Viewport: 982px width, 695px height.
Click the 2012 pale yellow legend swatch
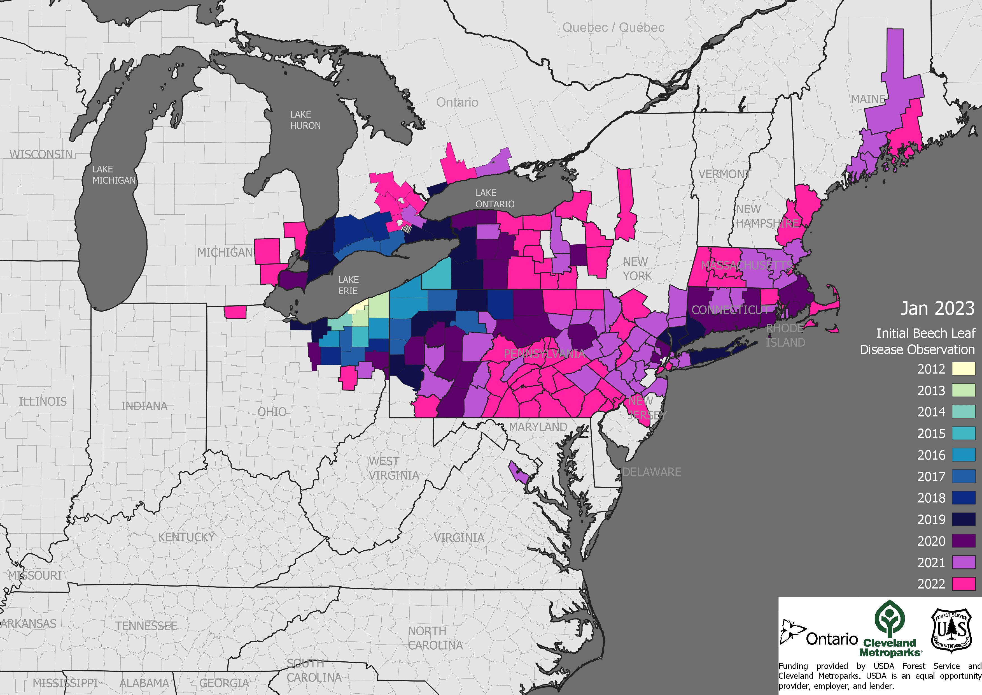point(963,369)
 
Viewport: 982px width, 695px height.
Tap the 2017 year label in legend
point(931,476)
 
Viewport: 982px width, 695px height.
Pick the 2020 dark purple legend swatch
point(963,541)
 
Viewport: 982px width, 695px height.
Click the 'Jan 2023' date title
point(937,308)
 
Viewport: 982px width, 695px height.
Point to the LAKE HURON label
point(305,120)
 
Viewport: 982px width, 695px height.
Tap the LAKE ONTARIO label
point(495,199)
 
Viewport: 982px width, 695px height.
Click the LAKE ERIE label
point(348,285)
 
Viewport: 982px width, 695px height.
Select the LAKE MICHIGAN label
point(113,175)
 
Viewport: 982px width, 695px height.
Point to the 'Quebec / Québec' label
point(613,28)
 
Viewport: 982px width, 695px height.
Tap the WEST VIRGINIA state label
point(393,468)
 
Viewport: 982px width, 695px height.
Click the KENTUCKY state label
point(186,537)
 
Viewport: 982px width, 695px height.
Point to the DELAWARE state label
point(651,472)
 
